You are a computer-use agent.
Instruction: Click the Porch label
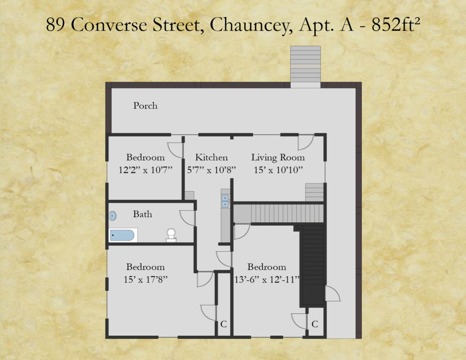coord(145,106)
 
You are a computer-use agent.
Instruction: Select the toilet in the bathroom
coord(171,234)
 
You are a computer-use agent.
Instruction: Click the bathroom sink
coord(113,216)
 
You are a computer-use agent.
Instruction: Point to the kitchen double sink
coord(225,201)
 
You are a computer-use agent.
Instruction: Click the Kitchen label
coord(211,157)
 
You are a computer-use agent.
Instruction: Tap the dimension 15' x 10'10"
coord(278,170)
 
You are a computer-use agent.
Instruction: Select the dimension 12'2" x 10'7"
coord(146,170)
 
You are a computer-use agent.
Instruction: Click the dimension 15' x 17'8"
coord(146,279)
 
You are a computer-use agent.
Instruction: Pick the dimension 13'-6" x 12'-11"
coord(267,279)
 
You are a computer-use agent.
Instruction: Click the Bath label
coord(142,214)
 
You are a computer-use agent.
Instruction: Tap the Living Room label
coord(278,157)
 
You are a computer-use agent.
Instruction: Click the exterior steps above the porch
coord(305,66)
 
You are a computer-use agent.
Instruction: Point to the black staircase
coord(312,264)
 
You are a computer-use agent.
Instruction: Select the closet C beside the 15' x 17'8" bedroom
coord(223,324)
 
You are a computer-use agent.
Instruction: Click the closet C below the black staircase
coord(315,324)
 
